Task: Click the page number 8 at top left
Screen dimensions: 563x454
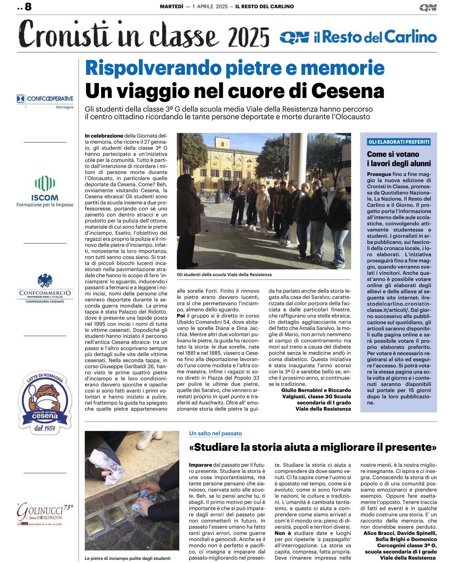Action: [28, 6]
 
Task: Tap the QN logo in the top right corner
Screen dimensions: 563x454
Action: [428, 7]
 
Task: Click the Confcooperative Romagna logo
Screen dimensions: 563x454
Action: [45, 101]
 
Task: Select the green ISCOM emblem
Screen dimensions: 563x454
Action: [45, 184]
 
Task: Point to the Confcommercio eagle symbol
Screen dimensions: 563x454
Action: [45, 281]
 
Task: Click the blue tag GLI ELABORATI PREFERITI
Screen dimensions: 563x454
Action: [399, 142]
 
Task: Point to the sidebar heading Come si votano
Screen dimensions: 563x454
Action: [393, 154]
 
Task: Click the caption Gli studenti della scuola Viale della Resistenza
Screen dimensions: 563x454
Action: [224, 275]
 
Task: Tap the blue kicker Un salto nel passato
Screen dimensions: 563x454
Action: [215, 433]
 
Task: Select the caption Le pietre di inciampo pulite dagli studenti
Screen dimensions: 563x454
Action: [128, 558]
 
